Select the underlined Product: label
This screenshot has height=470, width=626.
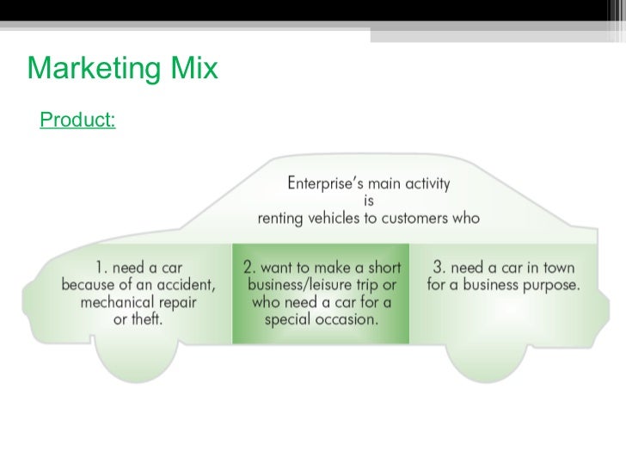tap(77, 121)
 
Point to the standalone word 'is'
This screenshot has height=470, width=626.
tap(369, 201)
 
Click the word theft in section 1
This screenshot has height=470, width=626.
tap(148, 318)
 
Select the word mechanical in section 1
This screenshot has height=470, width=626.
tap(116, 301)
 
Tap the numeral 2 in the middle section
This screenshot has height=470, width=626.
tap(247, 267)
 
